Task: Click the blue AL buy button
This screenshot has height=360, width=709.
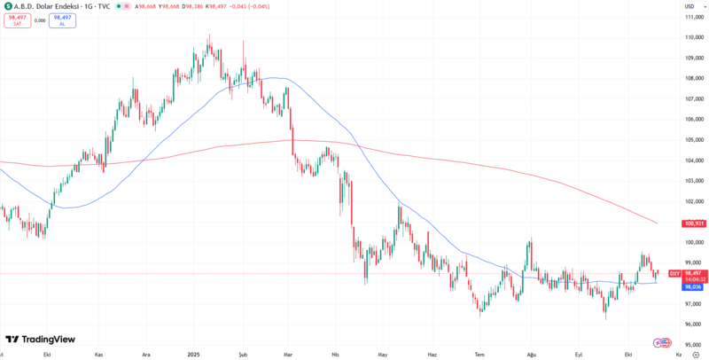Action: (62, 19)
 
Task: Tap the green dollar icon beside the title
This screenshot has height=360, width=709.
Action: (7, 5)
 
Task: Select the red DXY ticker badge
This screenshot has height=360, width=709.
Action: (674, 273)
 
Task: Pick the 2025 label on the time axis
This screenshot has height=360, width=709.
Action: (194, 354)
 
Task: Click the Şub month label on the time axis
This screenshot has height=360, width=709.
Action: (242, 354)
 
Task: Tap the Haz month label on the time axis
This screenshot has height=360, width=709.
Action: (432, 354)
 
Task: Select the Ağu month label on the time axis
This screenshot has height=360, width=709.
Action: (532, 354)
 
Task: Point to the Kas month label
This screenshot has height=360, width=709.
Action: (99, 354)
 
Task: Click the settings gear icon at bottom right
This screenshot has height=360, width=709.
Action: (696, 353)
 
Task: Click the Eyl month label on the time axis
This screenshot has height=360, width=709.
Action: (579, 354)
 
